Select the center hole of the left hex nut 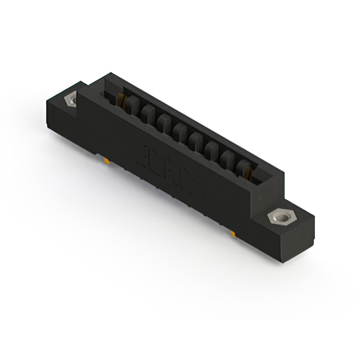coord(71,100)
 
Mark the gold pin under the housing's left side coord(106,161)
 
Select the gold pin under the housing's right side coord(232,232)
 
